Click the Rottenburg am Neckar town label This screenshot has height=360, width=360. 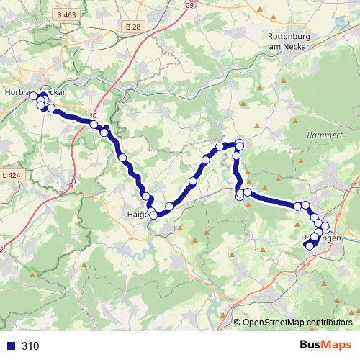(x=288, y=40)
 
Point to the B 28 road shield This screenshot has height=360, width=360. (x=131, y=27)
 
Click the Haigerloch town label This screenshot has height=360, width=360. (x=137, y=214)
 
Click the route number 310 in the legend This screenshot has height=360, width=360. (x=31, y=346)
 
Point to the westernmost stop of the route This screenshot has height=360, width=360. (x=33, y=96)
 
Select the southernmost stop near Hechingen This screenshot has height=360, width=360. (x=310, y=246)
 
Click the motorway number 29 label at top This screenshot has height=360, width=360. (x=189, y=6)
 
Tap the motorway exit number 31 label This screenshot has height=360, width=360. (x=72, y=181)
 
